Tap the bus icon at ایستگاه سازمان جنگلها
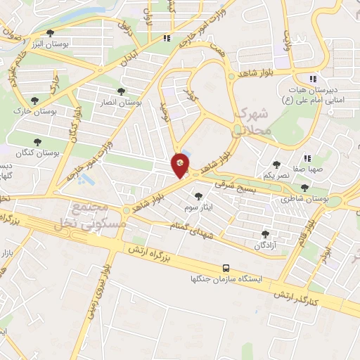226,268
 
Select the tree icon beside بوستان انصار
122,91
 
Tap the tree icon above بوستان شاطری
304,188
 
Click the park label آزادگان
265,245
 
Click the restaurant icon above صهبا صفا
307,158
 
